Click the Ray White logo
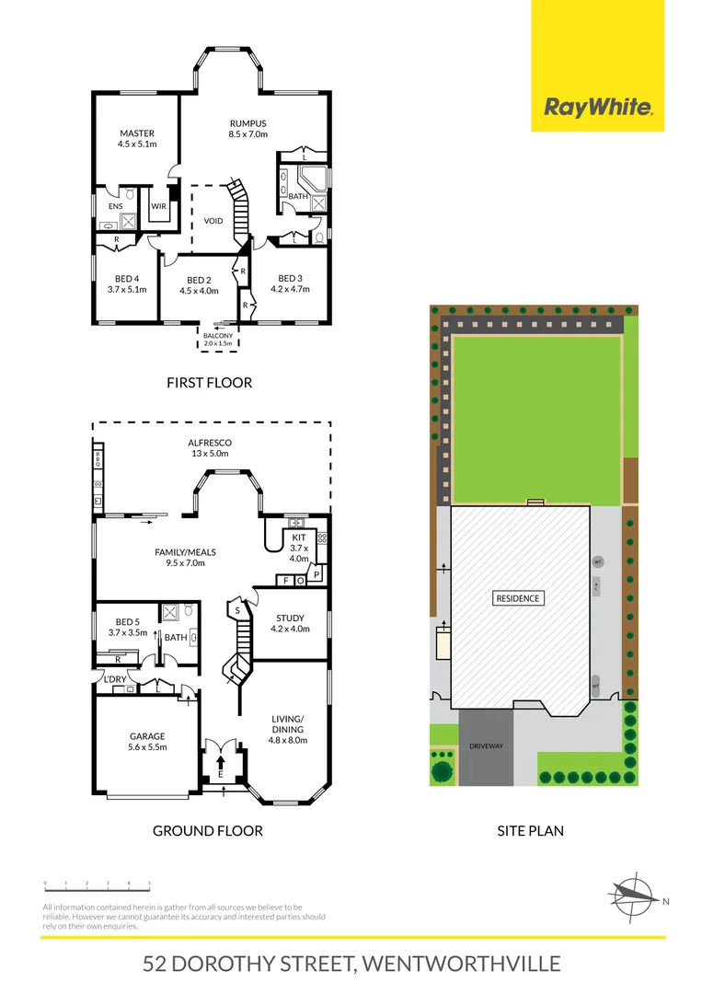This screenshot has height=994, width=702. pos(598,107)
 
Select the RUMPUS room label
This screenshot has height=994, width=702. pos(247,129)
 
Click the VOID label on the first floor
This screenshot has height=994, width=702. pos(213,221)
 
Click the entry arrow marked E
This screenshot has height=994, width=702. pos(221,762)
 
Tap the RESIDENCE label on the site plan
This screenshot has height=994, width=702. pos(519,598)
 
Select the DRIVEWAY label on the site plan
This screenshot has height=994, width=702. pos(486,746)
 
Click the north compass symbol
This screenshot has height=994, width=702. pos(635,895)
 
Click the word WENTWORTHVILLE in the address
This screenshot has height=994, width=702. pos(461,965)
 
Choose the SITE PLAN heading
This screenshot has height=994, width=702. pos(530,830)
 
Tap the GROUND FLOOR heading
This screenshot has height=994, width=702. pos(207,830)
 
